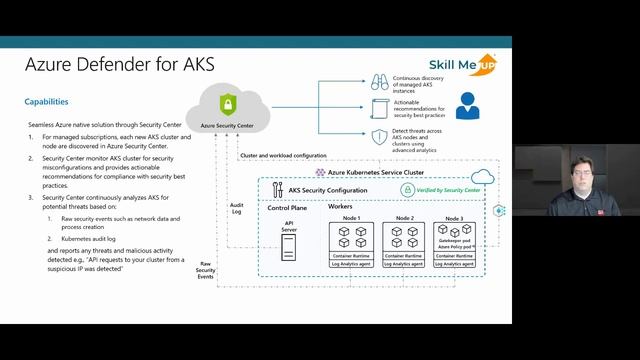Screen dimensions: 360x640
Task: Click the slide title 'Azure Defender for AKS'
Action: click(104, 66)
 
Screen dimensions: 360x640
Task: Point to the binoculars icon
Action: click(380, 82)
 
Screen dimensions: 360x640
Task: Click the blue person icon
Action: click(466, 105)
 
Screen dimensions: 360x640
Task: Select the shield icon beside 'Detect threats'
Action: click(380, 137)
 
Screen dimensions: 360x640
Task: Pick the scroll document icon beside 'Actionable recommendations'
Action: click(380, 109)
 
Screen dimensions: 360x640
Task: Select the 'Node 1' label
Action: click(351, 218)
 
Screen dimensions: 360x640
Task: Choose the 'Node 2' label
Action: click(404, 218)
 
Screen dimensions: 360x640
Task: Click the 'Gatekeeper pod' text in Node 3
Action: click(454, 241)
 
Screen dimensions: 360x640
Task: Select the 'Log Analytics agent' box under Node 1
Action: click(351, 264)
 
